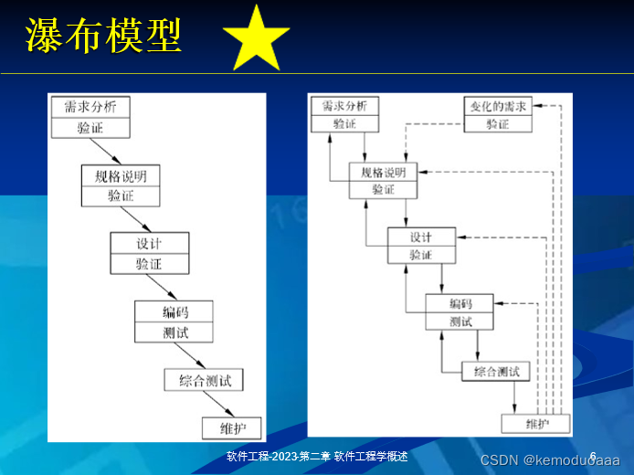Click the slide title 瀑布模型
click(103, 37)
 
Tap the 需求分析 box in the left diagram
click(90, 107)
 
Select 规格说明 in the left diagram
click(121, 175)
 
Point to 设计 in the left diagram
click(150, 243)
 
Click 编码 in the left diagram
click(174, 311)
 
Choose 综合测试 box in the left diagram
click(204, 379)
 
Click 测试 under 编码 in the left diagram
click(174, 332)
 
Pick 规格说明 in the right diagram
click(383, 172)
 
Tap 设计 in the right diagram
click(420, 237)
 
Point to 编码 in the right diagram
click(460, 303)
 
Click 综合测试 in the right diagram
click(496, 371)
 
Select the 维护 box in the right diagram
click(535, 424)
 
